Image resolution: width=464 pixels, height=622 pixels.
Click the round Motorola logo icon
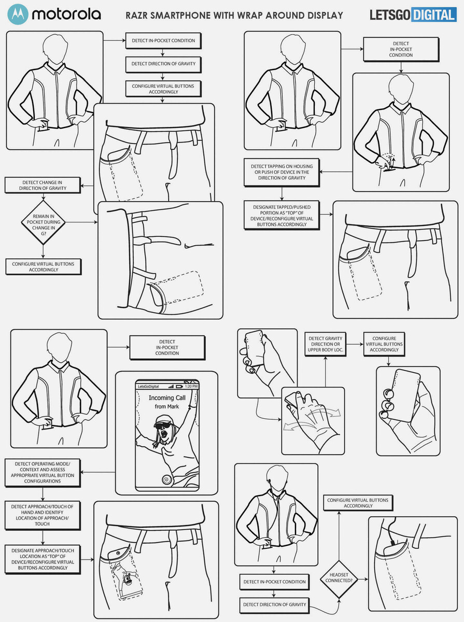point(18,14)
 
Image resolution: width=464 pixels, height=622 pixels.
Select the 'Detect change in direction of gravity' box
point(43,186)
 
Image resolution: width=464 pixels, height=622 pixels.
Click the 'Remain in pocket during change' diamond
point(43,222)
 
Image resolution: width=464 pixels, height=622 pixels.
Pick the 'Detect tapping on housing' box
point(282,172)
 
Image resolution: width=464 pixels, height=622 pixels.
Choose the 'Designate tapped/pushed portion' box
point(282,215)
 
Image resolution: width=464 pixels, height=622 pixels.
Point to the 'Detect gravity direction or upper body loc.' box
point(326,344)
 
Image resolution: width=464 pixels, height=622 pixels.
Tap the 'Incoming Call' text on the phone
point(167,398)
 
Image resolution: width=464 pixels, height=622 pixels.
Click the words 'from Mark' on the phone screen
point(166,407)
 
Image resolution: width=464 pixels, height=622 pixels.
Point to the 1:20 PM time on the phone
point(191,386)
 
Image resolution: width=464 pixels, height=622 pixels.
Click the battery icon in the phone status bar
point(179,386)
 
